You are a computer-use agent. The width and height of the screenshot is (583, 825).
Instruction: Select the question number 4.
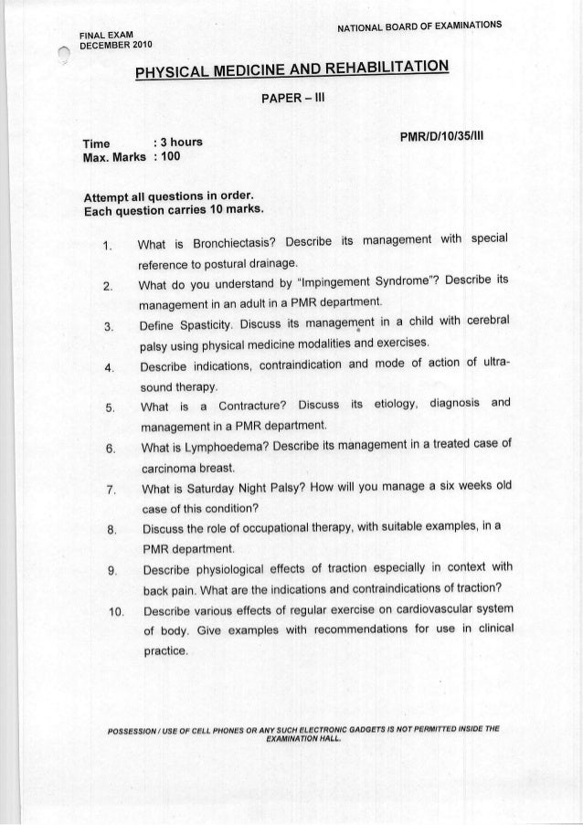click(x=108, y=368)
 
